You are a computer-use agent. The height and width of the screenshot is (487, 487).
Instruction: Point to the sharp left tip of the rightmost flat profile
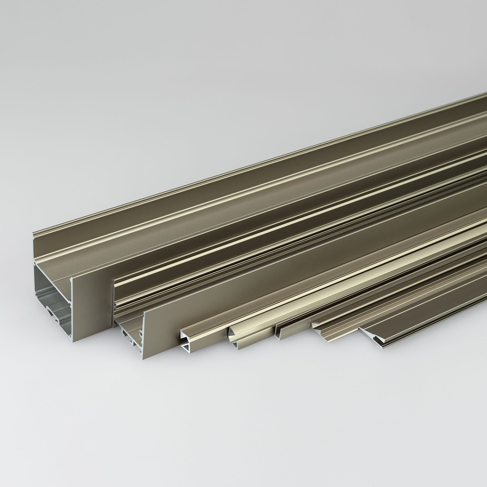[359, 329]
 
